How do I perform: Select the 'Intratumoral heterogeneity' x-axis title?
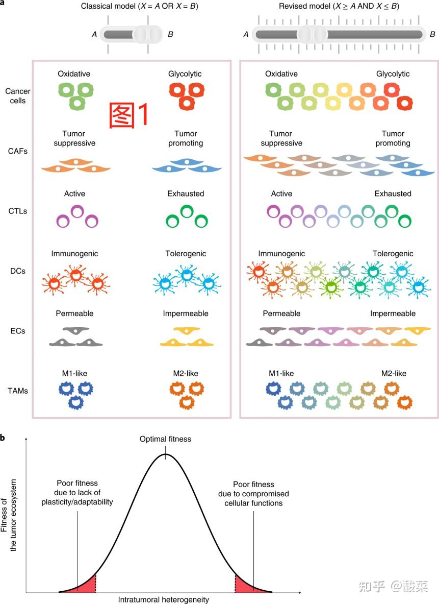(164, 599)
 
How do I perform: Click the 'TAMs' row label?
(18, 391)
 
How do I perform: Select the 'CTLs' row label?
(18, 211)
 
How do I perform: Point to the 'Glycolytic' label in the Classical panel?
(185, 74)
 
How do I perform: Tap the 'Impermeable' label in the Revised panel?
(393, 313)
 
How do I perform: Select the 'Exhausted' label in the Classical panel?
(186, 194)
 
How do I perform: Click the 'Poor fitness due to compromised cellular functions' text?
(253, 494)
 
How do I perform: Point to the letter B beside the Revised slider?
(432, 35)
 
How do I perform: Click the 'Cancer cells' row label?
(18, 96)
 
